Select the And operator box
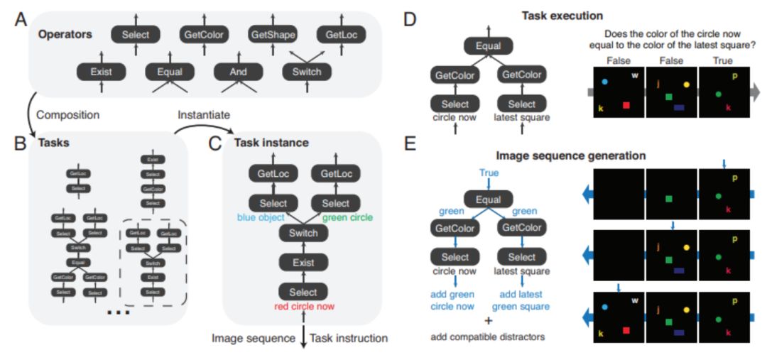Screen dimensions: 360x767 point(239,71)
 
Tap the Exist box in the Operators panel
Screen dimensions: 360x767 point(100,71)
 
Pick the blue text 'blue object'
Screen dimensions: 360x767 point(262,218)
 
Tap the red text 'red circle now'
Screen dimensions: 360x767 point(303,307)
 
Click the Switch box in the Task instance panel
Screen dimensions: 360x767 point(303,233)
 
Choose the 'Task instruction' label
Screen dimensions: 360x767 point(352,338)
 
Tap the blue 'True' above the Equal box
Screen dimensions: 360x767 point(488,173)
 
